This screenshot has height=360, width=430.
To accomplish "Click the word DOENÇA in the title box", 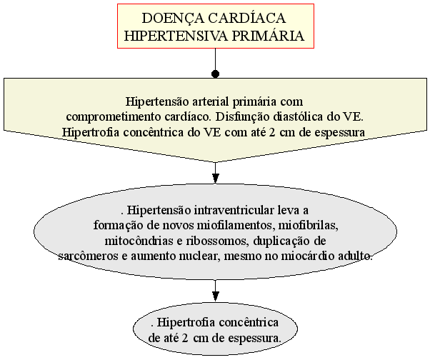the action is pos(173,19).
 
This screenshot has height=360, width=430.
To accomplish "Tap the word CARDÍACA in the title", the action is pos(247,19).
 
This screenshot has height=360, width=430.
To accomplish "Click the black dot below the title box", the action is pos(216,74).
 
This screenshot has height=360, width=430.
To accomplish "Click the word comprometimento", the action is pos(114,117).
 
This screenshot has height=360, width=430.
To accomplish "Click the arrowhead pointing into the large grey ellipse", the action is pos(216,179).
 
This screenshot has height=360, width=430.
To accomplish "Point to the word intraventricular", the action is pos(234,210).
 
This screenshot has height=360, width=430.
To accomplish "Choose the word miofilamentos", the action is pos(236,226).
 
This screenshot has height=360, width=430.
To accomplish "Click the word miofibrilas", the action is pos(309,226).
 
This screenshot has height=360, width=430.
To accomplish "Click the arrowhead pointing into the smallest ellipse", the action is pos(216,296).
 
